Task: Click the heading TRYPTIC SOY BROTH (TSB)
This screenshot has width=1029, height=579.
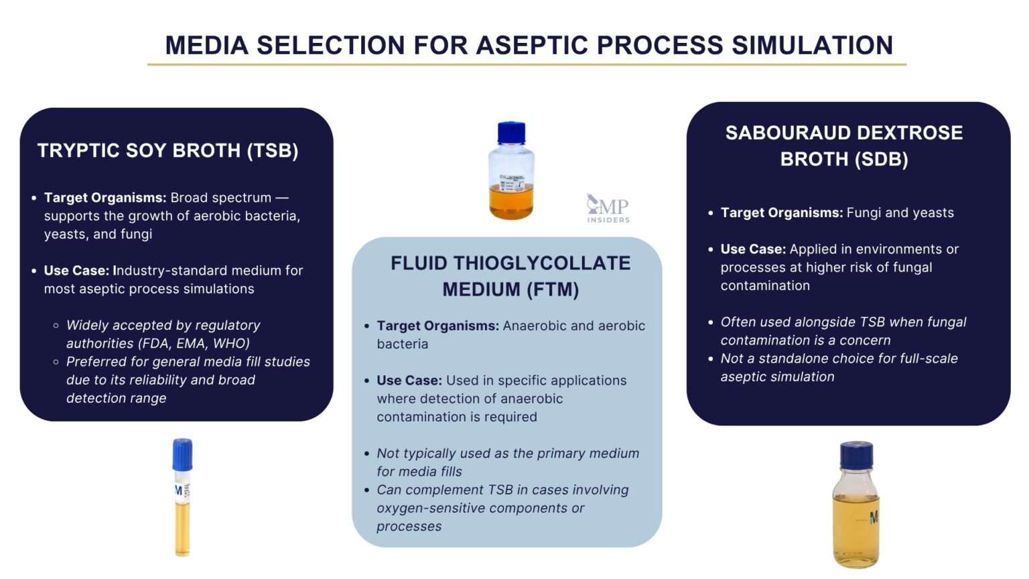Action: click(167, 150)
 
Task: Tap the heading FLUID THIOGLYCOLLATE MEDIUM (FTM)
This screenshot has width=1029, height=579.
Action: click(510, 276)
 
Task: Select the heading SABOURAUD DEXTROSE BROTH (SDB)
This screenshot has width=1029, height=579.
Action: click(843, 146)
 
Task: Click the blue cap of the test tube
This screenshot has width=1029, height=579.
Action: click(182, 454)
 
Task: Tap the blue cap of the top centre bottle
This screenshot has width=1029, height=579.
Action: click(511, 132)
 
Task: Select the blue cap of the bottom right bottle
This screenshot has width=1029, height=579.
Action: click(856, 454)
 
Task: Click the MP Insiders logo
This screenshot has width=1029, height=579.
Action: click(608, 208)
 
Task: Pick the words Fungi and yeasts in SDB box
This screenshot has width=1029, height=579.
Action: click(900, 212)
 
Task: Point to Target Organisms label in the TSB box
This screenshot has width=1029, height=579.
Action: click(105, 198)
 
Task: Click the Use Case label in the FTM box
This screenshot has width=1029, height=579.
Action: click(409, 380)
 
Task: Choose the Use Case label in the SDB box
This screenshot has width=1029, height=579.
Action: click(752, 249)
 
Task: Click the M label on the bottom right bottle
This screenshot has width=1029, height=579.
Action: click(874, 517)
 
